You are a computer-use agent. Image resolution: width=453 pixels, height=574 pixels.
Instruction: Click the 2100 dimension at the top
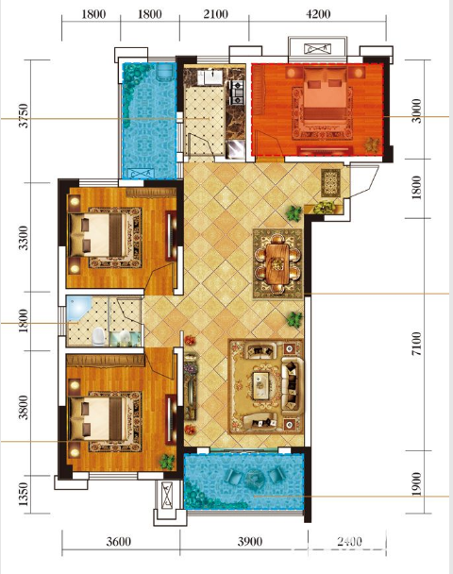coord(215,14)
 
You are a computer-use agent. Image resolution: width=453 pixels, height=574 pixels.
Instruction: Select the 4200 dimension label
coord(318,14)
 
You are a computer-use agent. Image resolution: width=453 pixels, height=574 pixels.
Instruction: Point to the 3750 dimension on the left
coord(23,116)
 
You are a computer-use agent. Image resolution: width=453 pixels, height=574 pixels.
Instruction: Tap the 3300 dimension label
coord(23,238)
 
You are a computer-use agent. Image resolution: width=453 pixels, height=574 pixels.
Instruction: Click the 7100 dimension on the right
coord(416,344)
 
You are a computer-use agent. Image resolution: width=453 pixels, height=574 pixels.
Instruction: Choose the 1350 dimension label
coord(23,494)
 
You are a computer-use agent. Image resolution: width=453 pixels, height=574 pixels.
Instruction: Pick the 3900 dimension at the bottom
coord(250,541)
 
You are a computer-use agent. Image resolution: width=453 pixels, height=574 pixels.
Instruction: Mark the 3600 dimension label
coord(119,541)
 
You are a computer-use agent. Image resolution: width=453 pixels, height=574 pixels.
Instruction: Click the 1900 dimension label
coord(416,483)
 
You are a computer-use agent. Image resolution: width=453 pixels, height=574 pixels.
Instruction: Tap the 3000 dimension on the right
coord(416,110)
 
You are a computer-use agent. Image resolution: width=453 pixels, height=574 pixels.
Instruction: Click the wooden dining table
coord(277,263)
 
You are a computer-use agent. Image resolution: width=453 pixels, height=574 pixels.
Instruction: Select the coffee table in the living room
coord(260,385)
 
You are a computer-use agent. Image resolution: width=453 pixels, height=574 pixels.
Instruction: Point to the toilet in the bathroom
coord(98,336)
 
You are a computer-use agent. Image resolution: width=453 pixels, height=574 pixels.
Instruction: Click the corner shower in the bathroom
coord(78,310)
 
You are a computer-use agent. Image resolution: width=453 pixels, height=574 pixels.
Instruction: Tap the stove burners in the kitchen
coord(237,92)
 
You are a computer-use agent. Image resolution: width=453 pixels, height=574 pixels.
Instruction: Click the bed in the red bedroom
coord(325,97)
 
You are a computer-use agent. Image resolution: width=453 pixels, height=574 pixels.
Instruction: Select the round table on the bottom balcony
coord(253,478)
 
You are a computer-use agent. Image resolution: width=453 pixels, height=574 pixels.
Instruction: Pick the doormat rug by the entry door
coord(331,183)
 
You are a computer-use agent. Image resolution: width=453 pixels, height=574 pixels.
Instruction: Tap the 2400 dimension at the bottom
coord(348,541)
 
